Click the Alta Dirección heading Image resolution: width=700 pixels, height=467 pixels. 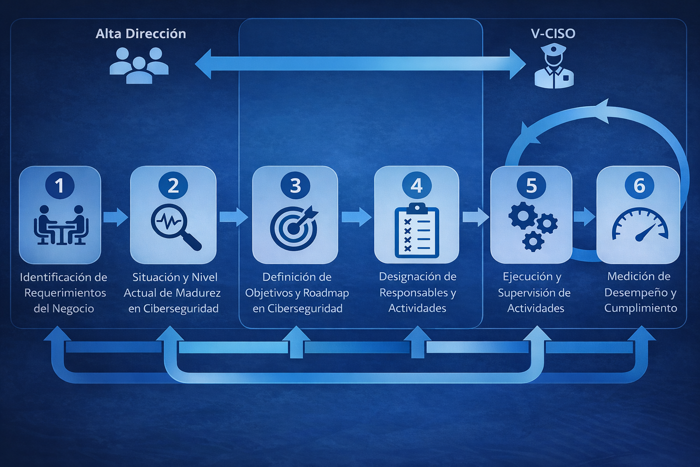click(141, 34)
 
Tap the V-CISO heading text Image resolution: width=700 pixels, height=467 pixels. click(553, 33)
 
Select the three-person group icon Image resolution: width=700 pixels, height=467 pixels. click(139, 66)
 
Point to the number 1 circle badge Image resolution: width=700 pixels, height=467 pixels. click(59, 186)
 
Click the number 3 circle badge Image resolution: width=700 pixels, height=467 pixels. click(295, 186)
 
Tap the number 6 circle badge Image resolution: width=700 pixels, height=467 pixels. click(639, 186)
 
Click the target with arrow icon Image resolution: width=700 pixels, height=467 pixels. click(294, 227)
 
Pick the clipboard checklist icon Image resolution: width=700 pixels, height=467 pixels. click(417, 231)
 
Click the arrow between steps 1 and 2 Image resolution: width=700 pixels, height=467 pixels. click(115, 217)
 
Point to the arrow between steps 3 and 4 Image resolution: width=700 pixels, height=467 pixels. click(356, 217)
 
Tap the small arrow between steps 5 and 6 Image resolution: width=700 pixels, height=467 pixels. click(584, 217)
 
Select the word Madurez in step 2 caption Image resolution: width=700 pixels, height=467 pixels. click(199, 293)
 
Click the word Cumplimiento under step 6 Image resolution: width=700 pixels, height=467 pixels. click(640, 308)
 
